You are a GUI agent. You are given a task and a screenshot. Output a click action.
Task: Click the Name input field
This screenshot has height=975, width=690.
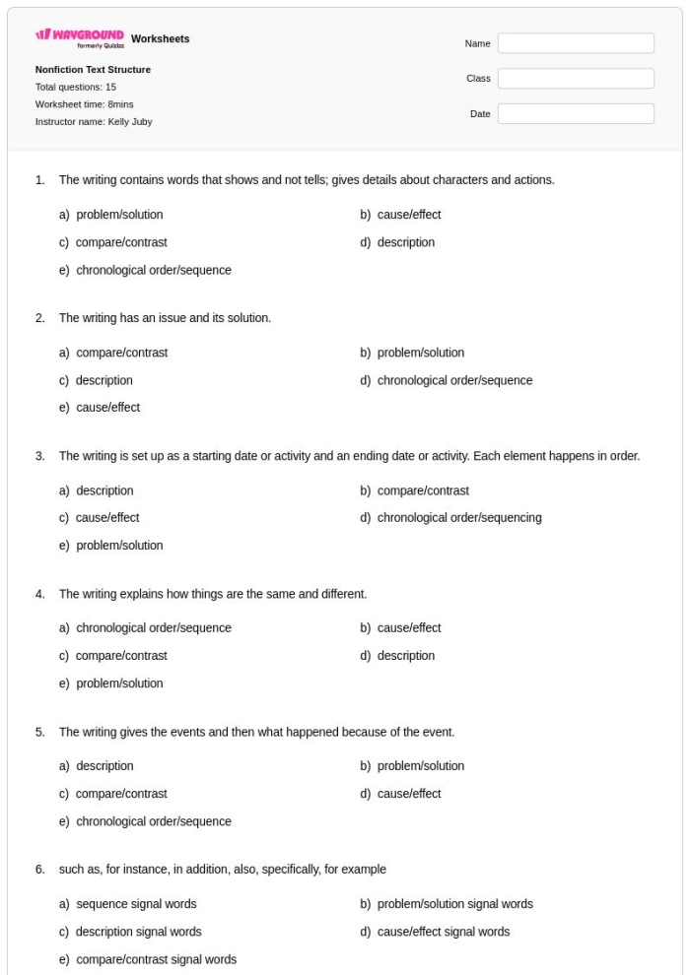tap(576, 43)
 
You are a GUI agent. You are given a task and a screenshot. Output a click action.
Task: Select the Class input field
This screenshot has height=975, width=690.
tap(576, 79)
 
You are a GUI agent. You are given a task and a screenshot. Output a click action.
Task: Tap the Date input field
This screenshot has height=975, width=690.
tap(576, 114)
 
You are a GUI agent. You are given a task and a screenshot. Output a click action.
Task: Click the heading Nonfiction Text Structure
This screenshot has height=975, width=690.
tap(93, 70)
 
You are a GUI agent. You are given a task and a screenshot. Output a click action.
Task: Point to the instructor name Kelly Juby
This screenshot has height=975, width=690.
tap(94, 122)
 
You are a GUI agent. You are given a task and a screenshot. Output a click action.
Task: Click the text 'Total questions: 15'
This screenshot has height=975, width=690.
tap(76, 87)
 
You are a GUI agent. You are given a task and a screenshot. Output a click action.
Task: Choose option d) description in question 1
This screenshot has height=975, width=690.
tap(405, 242)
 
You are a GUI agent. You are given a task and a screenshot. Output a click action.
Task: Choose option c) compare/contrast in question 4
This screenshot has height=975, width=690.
tap(121, 656)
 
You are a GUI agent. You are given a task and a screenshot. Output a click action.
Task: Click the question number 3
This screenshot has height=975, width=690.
tap(39, 456)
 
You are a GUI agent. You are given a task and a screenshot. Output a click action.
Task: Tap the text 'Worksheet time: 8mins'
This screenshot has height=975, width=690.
tap(84, 104)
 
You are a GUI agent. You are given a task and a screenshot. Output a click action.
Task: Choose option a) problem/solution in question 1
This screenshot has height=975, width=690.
tap(119, 215)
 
